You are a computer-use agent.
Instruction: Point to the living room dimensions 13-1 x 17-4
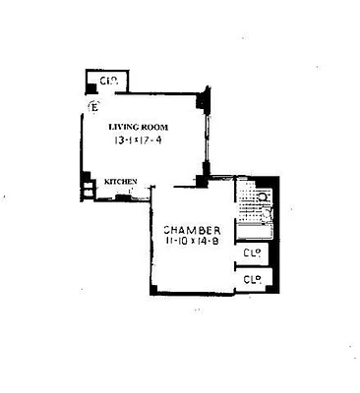coord(141,140)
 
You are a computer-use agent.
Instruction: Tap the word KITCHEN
coord(122,181)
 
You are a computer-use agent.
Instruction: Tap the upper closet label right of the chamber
coord(251,254)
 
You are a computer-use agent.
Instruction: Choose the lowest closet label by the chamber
coord(251,280)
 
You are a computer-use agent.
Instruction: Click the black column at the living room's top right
coord(203,100)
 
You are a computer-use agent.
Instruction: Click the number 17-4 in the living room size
coord(157,140)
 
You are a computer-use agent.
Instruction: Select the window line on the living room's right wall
coord(207,138)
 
